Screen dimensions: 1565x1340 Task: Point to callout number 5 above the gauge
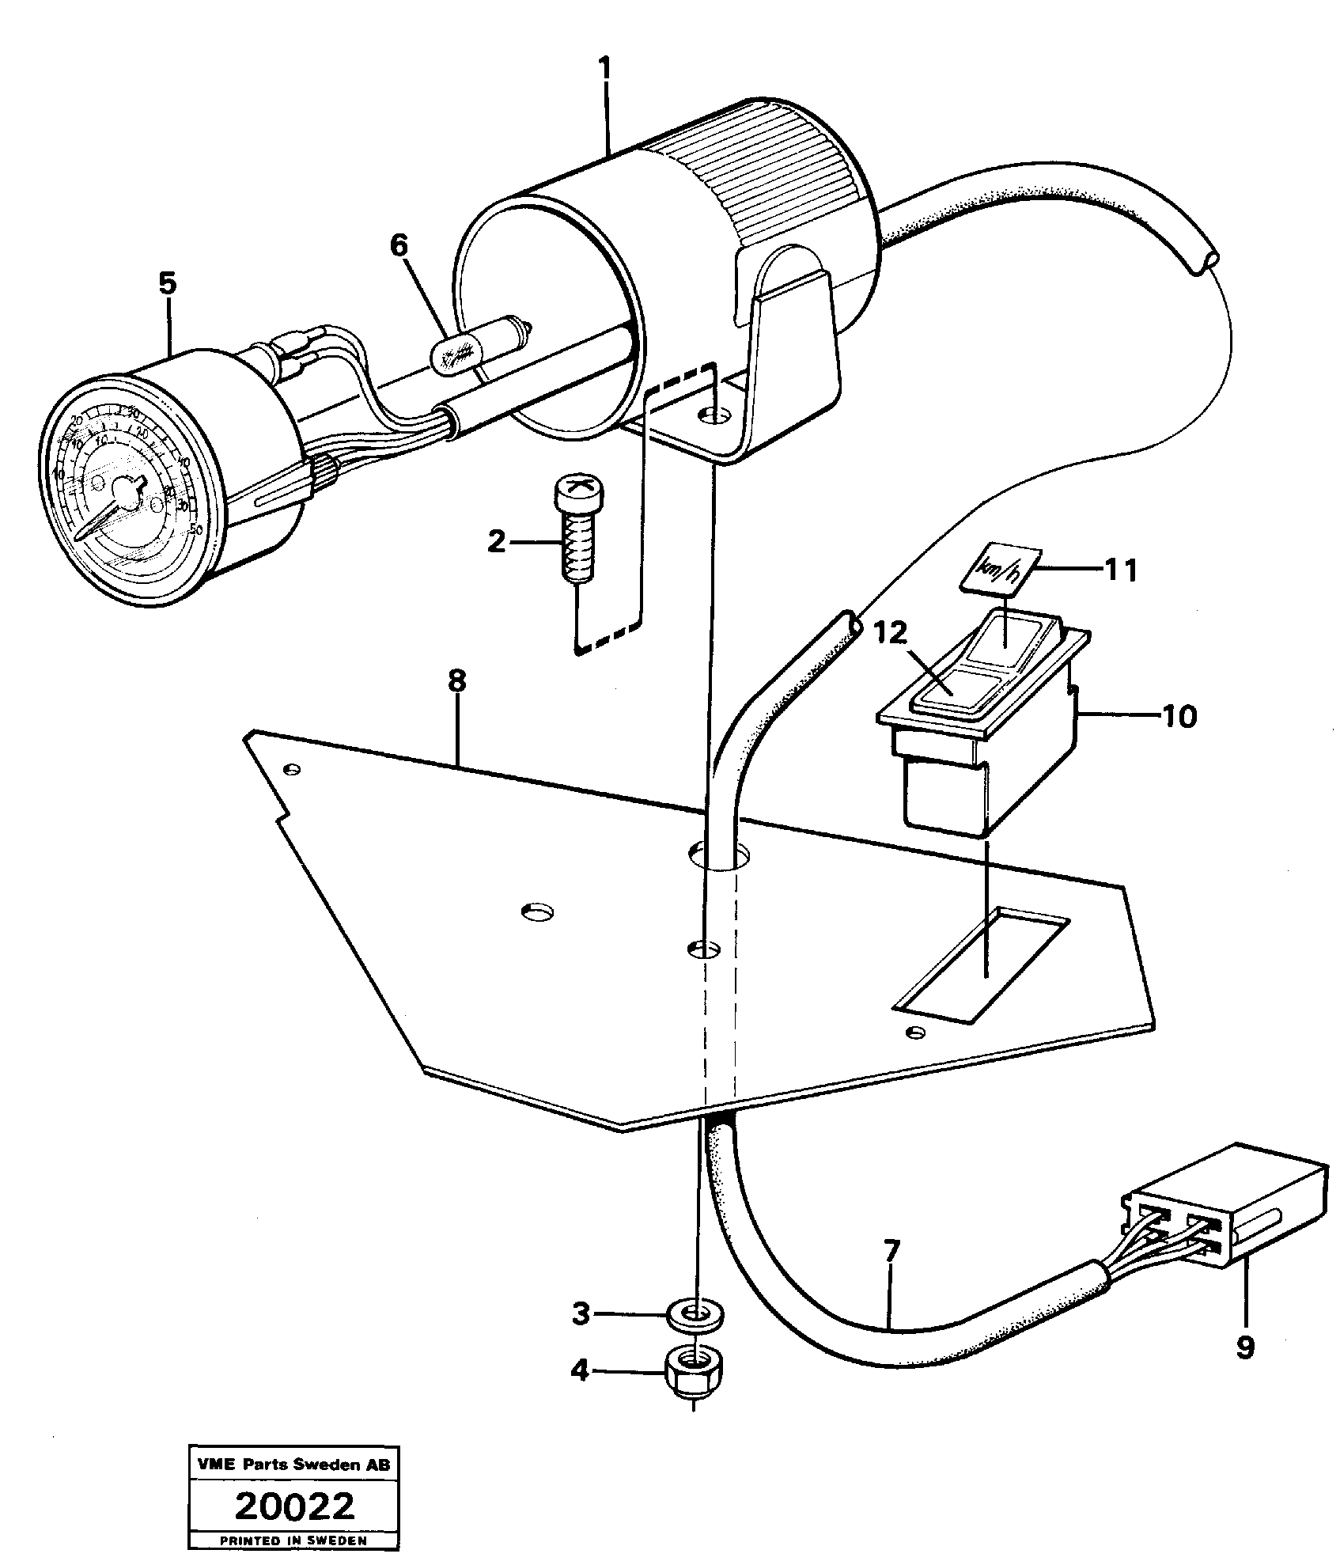coord(167,283)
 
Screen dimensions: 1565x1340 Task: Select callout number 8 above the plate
coord(456,681)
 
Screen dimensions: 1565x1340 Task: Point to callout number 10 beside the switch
coord(1179,717)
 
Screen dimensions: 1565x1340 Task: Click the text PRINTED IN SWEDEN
coord(293,1540)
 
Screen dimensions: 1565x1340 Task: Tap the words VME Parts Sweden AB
coord(293,1466)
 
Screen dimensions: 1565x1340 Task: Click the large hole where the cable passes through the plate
coord(719,855)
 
